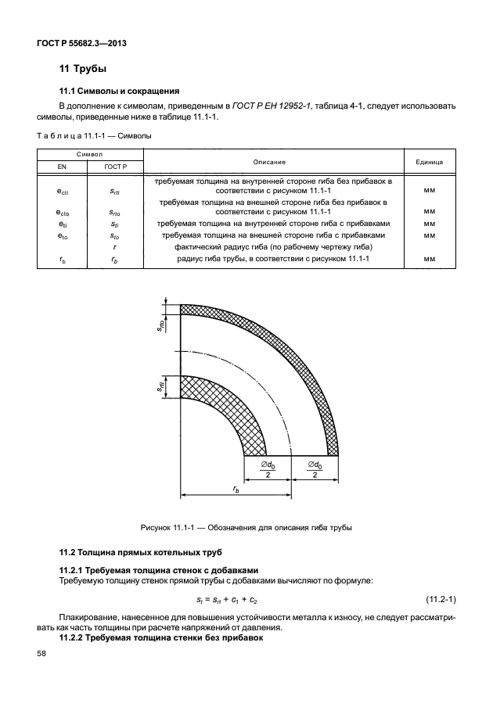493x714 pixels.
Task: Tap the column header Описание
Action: (273, 161)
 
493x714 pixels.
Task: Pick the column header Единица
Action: (429, 161)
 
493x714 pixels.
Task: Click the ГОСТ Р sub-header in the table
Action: (115, 167)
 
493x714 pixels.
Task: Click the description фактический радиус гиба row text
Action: (273, 246)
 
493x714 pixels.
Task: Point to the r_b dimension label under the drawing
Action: (236, 487)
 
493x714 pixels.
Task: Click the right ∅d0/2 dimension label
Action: (315, 469)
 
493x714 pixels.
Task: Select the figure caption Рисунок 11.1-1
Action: (246, 526)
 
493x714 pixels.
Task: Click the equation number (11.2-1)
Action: (441, 599)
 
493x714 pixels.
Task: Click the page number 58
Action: (41, 654)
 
